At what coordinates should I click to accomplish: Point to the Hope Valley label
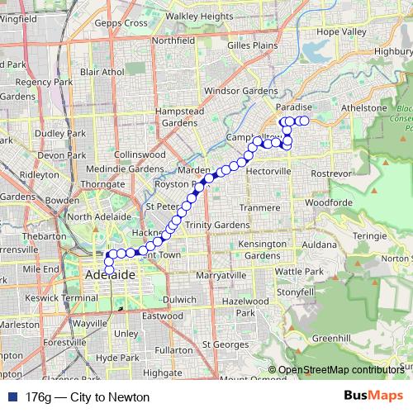click(340, 31)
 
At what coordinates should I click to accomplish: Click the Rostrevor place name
click(333, 173)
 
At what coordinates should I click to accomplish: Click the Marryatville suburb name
click(223, 275)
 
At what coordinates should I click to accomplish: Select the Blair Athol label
click(102, 72)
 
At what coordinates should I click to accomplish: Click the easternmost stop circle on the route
click(304, 121)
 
